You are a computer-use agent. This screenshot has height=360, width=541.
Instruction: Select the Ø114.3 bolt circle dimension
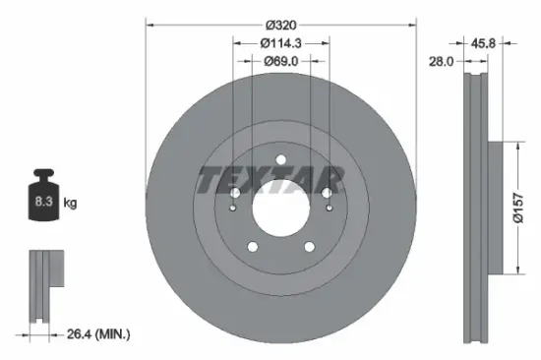point(280,43)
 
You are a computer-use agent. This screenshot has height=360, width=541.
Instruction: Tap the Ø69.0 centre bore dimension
point(280,61)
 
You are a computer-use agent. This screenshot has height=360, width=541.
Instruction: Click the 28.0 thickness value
point(440,61)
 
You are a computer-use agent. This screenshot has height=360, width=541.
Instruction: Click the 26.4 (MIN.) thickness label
point(97,334)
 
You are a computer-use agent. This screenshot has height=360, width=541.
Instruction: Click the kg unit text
point(70,203)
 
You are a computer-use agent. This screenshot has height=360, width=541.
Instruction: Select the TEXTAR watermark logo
point(270,180)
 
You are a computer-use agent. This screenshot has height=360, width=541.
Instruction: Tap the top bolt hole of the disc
point(280,159)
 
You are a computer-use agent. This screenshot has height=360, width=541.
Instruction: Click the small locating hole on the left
point(233,208)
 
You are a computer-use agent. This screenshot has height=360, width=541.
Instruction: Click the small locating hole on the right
point(328,208)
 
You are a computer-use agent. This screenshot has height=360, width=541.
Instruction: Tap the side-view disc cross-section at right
point(477,207)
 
